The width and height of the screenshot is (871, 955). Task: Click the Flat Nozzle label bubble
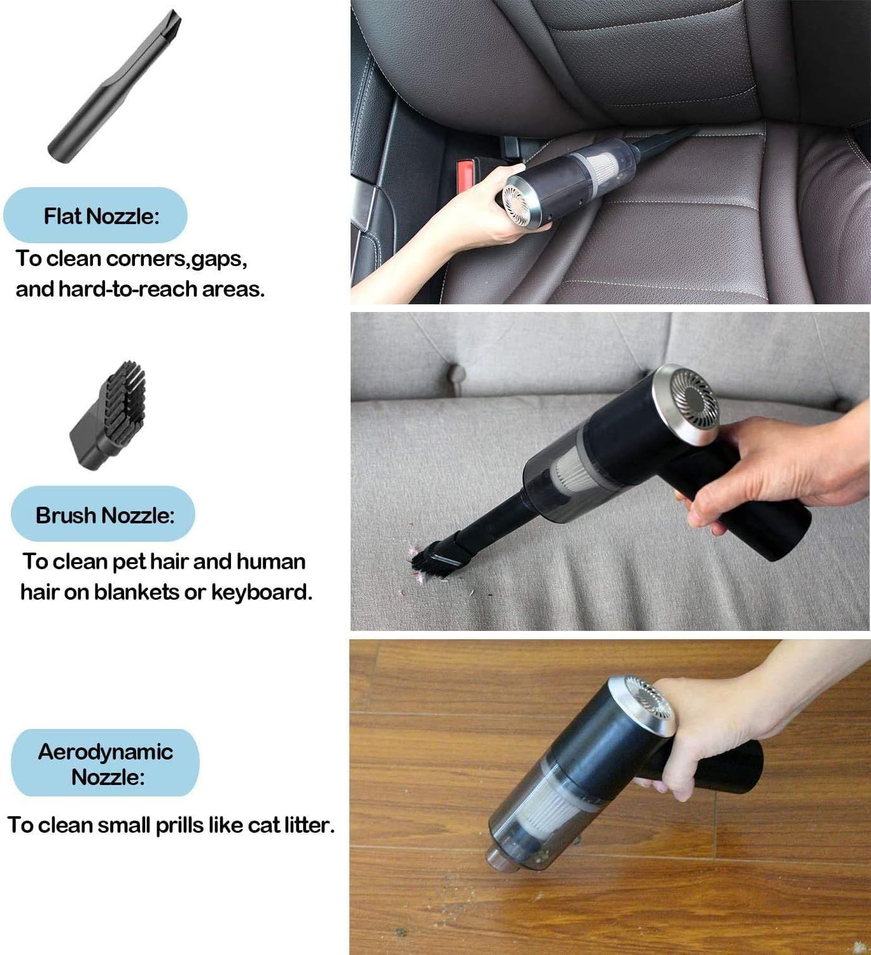[95, 215]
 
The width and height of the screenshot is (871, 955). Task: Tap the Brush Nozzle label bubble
[103, 514]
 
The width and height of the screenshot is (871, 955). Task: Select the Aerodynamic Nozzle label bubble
[106, 763]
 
